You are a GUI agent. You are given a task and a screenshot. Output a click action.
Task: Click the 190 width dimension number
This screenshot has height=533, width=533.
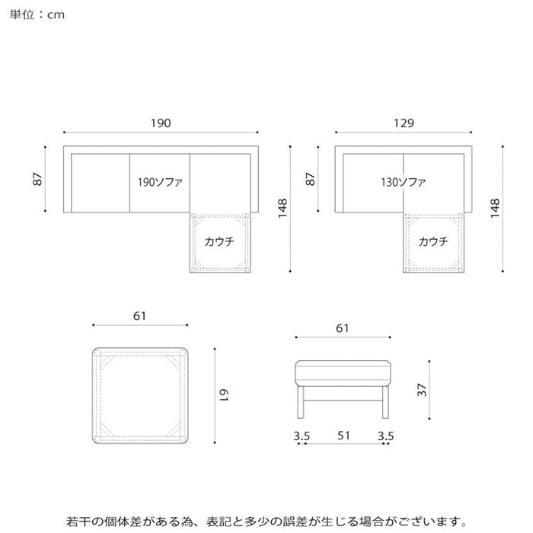(161, 123)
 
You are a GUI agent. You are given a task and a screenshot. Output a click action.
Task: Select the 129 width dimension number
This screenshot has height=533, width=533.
(404, 123)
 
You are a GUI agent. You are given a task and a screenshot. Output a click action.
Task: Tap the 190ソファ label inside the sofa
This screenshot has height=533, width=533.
(160, 182)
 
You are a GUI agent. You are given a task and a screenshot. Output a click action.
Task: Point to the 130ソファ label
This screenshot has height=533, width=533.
(403, 182)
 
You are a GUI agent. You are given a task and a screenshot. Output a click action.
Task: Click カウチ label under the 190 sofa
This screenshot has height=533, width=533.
(219, 241)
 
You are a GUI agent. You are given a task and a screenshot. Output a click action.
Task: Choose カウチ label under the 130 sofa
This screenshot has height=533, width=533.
(433, 241)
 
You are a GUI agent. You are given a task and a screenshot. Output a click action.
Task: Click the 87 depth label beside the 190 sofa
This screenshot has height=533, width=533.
(37, 179)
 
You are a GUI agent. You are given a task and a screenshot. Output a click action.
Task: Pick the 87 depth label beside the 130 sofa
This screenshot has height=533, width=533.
(311, 179)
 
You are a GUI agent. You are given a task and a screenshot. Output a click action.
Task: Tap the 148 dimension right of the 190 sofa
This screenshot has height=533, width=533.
(282, 208)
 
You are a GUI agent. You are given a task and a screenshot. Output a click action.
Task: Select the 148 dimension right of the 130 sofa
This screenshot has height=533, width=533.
(495, 208)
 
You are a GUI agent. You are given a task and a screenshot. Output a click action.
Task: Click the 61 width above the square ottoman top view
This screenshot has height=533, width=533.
(139, 316)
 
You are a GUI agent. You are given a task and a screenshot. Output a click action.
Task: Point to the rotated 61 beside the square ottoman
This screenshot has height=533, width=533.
(223, 395)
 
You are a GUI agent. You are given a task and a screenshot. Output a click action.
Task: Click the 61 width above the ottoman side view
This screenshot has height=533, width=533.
(343, 328)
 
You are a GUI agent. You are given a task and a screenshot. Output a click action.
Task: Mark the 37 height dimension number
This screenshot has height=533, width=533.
(422, 390)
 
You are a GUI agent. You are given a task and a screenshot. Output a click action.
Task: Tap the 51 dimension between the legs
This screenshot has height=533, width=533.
(343, 436)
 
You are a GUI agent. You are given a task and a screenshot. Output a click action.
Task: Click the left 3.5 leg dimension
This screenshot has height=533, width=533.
(302, 436)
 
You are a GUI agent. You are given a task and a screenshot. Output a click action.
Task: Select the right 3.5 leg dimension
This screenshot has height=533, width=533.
(386, 436)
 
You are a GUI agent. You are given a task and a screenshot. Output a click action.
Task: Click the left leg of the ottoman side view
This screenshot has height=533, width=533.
(301, 402)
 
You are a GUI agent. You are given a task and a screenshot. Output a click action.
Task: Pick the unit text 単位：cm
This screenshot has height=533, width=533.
(37, 14)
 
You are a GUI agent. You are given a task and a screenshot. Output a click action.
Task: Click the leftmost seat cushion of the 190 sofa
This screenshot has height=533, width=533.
(101, 184)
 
